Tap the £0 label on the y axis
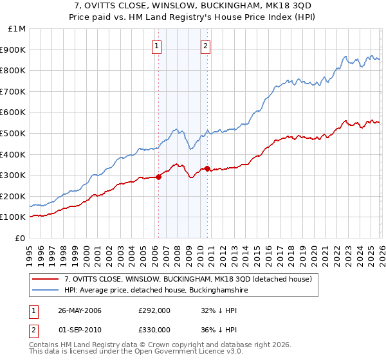coord(20,238)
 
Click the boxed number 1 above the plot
coord(158,46)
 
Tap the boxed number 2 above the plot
coord(205,46)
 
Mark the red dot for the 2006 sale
coord(158,177)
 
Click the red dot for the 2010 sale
coord(207,169)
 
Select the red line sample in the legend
coord(46,279)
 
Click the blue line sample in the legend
coord(46,290)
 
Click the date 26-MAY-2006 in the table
coord(80,310)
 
